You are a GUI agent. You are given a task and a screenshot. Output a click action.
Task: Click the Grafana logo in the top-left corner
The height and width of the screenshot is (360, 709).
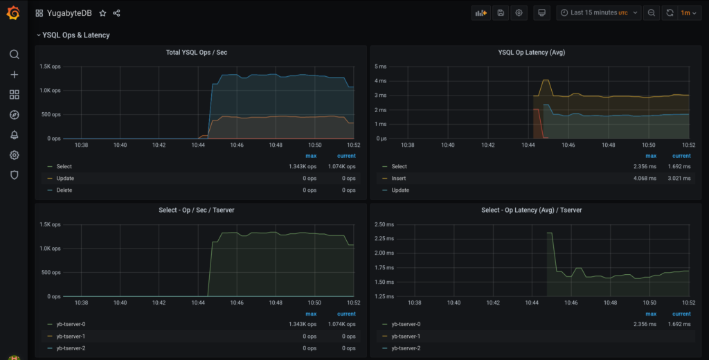(13, 12)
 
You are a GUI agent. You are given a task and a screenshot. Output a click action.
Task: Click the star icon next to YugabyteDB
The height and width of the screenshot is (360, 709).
(103, 13)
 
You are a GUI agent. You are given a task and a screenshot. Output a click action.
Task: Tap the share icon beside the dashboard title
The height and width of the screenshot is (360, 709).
(116, 13)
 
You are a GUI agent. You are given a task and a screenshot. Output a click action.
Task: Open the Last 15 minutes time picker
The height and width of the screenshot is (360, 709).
(595, 13)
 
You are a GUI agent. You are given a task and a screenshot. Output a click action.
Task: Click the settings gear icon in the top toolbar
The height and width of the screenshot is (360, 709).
(519, 13)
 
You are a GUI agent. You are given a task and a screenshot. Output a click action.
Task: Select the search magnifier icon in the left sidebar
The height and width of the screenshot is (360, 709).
(14, 55)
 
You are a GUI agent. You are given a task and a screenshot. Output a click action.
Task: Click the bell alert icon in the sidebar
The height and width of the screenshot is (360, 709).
(14, 135)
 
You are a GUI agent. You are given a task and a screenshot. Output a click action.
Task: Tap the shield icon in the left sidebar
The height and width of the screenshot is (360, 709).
(14, 175)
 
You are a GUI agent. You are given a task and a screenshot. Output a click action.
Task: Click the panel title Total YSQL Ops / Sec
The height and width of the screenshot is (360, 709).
(197, 53)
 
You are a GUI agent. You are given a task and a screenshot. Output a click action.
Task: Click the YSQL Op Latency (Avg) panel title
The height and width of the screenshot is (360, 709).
(530, 53)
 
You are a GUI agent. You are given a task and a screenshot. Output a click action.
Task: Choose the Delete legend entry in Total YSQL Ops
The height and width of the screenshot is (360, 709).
(64, 190)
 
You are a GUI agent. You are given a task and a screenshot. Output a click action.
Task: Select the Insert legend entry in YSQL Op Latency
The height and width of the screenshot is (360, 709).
(399, 178)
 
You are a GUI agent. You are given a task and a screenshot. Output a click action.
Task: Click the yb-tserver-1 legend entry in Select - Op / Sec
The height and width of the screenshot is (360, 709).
(71, 336)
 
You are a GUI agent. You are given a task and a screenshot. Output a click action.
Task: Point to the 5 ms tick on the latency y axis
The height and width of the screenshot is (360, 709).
(381, 66)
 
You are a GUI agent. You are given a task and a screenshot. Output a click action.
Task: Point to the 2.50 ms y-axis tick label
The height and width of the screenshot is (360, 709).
(385, 224)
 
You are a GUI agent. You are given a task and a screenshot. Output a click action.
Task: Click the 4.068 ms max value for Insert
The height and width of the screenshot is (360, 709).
(644, 178)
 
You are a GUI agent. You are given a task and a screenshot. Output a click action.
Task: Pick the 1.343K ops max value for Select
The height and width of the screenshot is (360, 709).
(303, 166)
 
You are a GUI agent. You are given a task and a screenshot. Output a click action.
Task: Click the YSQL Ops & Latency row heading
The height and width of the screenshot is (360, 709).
(75, 35)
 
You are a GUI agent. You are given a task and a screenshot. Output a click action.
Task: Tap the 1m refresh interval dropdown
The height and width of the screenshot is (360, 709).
(688, 13)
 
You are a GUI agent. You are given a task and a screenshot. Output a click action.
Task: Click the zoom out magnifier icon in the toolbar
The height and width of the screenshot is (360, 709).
(651, 13)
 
